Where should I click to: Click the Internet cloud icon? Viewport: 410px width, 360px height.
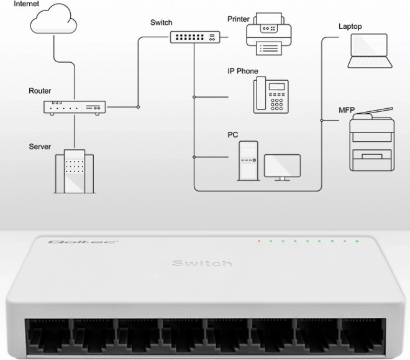pyautogui.click(x=53, y=20)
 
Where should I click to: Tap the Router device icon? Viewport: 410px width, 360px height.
pyautogui.click(x=75, y=108)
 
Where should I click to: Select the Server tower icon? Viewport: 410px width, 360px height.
pyautogui.click(x=75, y=172)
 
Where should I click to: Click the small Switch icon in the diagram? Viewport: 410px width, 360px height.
pyautogui.click(x=195, y=37)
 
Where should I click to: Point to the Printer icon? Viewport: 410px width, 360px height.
pyautogui.click(x=269, y=34)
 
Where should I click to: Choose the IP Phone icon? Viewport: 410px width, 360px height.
pyautogui.click(x=271, y=95)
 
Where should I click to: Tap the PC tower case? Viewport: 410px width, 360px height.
pyautogui.click(x=248, y=161)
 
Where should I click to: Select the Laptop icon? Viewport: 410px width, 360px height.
pyautogui.click(x=370, y=51)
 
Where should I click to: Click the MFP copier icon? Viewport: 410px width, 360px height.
pyautogui.click(x=372, y=139)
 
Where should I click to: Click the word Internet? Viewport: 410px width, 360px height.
pyautogui.click(x=27, y=4)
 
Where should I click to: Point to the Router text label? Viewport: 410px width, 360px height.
pyautogui.click(x=40, y=91)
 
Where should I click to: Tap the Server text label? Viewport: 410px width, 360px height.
pyautogui.click(x=40, y=147)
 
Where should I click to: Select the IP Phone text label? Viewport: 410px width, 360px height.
pyautogui.click(x=243, y=71)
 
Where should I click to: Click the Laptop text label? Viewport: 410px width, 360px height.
pyautogui.click(x=350, y=26)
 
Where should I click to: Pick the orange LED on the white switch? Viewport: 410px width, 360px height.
pyautogui.click(x=259, y=241)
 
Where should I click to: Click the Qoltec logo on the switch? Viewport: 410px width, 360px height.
pyautogui.click(x=83, y=242)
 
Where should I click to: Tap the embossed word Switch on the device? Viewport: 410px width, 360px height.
pyautogui.click(x=202, y=263)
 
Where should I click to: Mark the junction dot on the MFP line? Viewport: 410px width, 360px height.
pyautogui.click(x=322, y=121)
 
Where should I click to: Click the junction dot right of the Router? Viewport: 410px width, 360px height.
pyautogui.click(x=138, y=107)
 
